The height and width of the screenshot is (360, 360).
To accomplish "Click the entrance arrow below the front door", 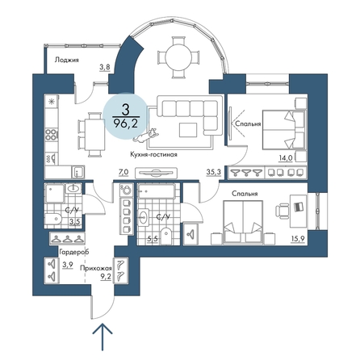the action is pyautogui.click(x=103, y=337).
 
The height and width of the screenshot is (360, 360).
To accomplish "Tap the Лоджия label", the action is pyautogui.click(x=67, y=60).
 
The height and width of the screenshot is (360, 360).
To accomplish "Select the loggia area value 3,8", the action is pyautogui.click(x=105, y=67).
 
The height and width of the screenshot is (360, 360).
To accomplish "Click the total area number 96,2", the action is pyautogui.click(x=126, y=123).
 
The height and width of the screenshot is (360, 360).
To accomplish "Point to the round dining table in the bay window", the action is pyautogui.click(x=178, y=57).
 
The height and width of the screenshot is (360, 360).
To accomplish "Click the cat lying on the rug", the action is pyautogui.click(x=145, y=136).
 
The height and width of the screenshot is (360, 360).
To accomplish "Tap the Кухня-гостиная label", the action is pyautogui.click(x=153, y=154).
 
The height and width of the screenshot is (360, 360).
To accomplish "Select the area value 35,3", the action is pyautogui.click(x=214, y=172).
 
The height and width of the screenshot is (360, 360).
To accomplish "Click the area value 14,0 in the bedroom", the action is pyautogui.click(x=286, y=158).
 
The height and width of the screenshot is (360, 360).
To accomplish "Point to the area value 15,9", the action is pyautogui.click(x=298, y=239).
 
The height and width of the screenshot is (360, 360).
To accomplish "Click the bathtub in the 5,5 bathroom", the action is pyautogui.click(x=157, y=191).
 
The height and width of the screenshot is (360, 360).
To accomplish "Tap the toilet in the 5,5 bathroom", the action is pyautogui.click(x=167, y=236).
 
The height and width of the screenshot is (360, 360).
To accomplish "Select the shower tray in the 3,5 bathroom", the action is pyautogui.click(x=55, y=194).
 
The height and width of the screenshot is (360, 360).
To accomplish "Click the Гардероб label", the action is pyautogui.click(x=74, y=252).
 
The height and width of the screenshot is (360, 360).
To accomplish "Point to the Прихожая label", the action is pyautogui.click(x=96, y=268).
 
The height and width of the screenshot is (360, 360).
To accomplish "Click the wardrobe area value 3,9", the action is pyautogui.click(x=68, y=266).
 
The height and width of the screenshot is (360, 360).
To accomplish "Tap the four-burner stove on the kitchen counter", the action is pyautogui.click(x=52, y=134).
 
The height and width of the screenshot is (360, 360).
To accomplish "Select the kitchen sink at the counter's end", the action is pyautogui.click(x=77, y=172).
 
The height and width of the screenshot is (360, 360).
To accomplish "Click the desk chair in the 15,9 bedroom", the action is pyautogui.click(x=282, y=210).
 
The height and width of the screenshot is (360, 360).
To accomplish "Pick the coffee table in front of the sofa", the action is pyautogui.click(x=188, y=130).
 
